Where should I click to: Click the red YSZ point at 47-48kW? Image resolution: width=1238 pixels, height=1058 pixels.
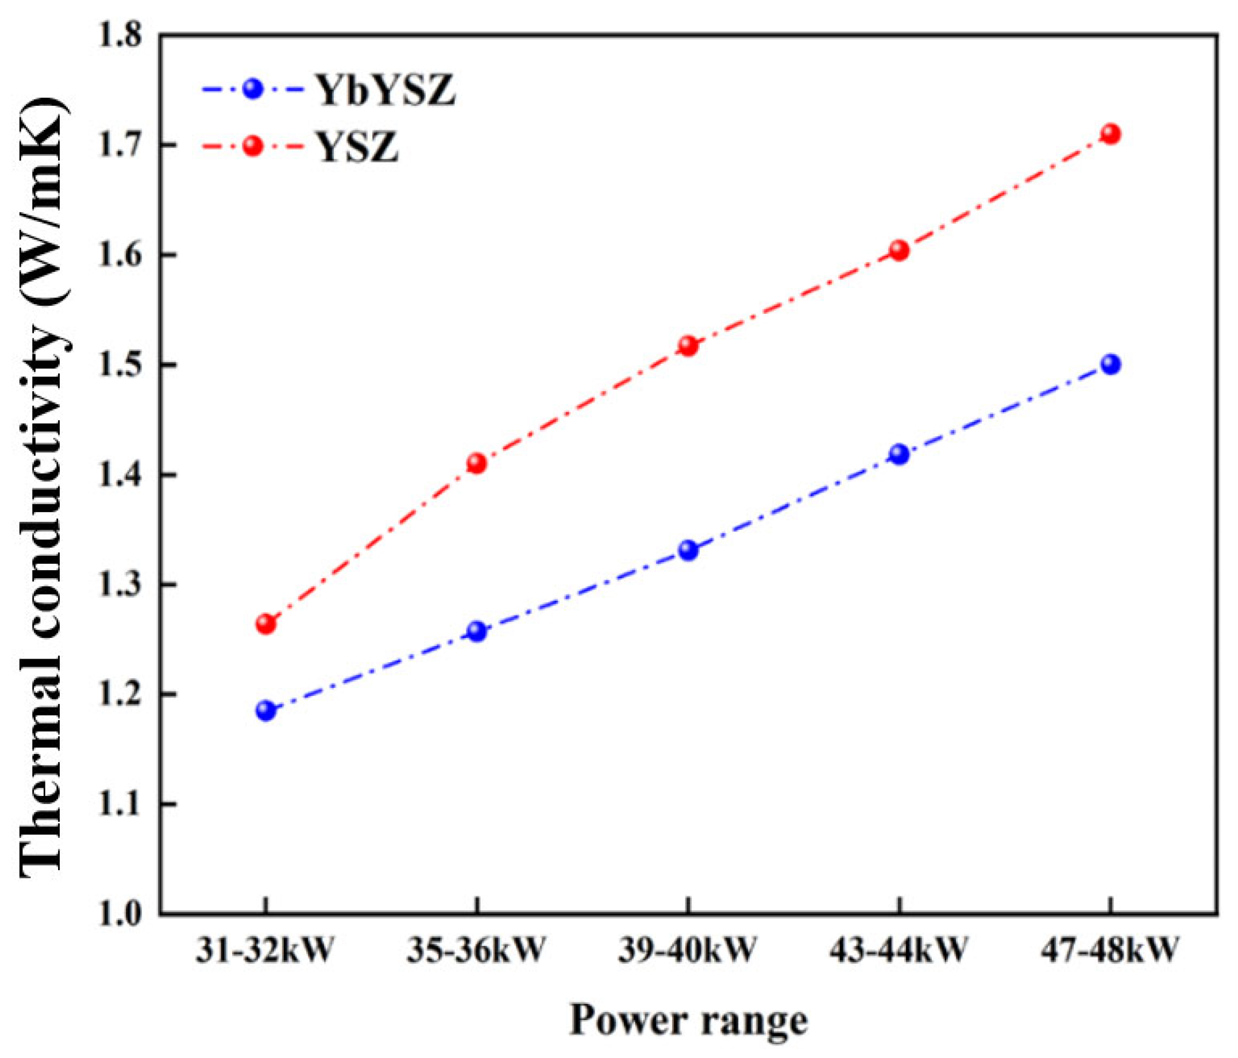pos(1110,133)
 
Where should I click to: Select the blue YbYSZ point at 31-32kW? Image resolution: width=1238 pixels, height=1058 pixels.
pos(266,711)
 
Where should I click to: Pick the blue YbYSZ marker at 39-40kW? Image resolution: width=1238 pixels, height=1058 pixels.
pos(688,550)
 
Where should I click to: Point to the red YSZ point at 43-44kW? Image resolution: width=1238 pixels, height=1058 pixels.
pos(899,251)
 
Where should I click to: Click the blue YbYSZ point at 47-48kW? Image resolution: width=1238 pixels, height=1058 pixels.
pos(1110,364)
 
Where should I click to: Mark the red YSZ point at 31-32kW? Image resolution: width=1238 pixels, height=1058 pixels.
pos(266,624)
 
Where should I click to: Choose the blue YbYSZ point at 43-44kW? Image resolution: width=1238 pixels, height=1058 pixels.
pos(899,454)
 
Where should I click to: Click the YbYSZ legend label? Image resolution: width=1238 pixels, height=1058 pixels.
pos(386,91)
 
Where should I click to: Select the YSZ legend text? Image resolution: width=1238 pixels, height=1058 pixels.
pos(358,147)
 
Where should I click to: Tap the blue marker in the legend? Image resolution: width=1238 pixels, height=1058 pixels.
pos(253,89)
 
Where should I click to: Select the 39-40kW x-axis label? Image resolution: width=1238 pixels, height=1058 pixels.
pos(688,950)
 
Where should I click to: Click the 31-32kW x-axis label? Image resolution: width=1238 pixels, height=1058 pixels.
pos(264,950)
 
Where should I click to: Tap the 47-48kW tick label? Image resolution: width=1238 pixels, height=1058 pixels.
pos(1110,950)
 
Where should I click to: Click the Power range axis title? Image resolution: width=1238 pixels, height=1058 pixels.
pos(688,1020)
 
